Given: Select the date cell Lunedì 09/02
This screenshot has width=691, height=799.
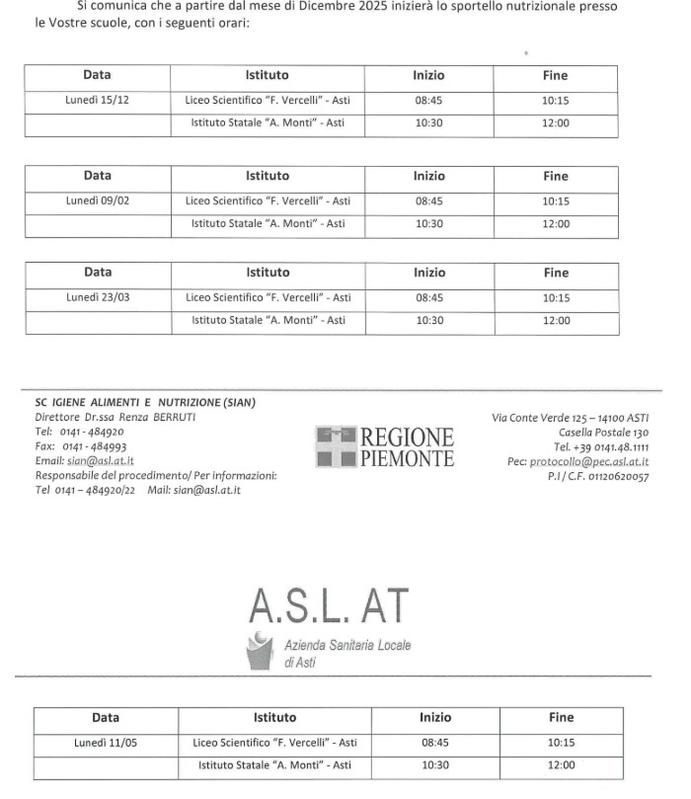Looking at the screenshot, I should point(98,200).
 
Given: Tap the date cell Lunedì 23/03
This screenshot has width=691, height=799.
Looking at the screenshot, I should point(98,297).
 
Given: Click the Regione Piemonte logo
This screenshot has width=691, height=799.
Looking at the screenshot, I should point(385,447).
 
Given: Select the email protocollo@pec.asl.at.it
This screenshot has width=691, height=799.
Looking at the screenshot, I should point(589,461).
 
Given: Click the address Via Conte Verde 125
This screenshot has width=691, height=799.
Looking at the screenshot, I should point(571,417).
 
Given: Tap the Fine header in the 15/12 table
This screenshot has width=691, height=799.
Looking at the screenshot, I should point(555,75).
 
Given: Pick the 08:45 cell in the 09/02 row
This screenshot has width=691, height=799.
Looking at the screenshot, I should point(428,200).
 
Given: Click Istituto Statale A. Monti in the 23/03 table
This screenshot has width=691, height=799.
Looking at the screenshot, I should point(268,320).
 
